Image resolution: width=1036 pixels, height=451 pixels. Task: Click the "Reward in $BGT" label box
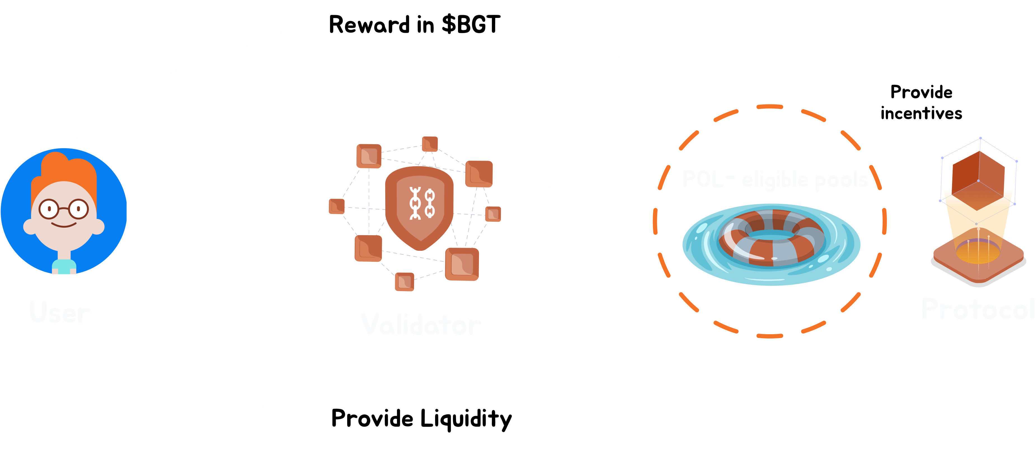click(x=415, y=25)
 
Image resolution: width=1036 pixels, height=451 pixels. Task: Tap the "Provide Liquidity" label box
click(x=422, y=419)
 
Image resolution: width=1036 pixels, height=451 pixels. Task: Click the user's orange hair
click(x=64, y=169)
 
